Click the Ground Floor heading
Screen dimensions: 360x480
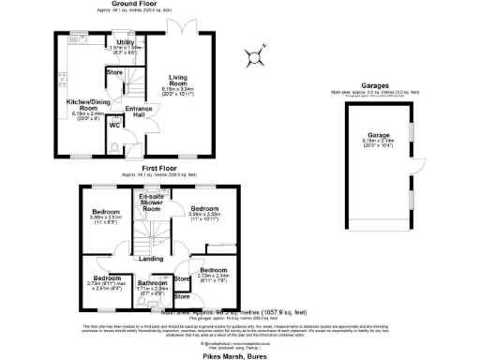click(x=134, y=4)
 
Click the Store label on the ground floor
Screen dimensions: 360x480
click(x=114, y=71)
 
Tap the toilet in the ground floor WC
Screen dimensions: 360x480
click(x=113, y=147)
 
